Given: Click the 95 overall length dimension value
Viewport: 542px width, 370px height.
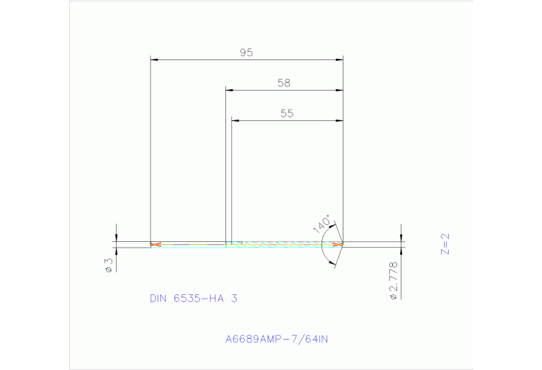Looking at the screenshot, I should [246, 52].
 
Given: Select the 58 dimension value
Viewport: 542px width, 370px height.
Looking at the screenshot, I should [283, 83].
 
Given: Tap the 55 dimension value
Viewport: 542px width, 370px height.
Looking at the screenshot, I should [286, 113].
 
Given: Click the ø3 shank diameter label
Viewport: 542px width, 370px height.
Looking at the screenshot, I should [109, 265].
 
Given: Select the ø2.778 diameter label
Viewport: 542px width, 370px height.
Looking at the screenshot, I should [394, 281].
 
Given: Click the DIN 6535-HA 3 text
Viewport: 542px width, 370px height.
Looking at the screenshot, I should [193, 299].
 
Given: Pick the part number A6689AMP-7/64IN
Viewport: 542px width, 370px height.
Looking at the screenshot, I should [276, 340].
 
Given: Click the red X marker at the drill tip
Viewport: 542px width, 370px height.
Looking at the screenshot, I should [338, 245].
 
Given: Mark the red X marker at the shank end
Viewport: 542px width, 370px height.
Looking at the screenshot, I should [155, 245].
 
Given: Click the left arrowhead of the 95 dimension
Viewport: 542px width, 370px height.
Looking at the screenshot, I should [155, 60].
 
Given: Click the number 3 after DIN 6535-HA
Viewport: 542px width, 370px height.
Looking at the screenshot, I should [234, 299].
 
